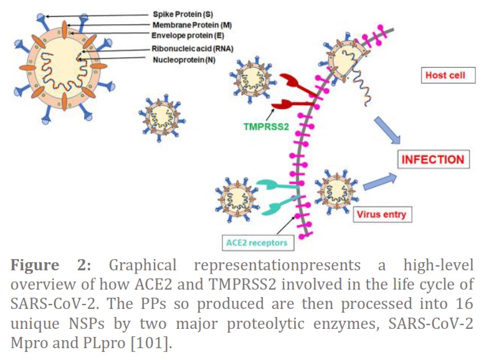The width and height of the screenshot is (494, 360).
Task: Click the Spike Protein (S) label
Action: (183, 14)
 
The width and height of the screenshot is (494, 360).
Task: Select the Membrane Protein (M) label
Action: (192, 25)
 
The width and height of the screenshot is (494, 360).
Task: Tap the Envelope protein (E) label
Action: (188, 36)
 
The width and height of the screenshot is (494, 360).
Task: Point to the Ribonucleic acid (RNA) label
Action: (192, 49)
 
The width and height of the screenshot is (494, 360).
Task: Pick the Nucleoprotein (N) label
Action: (184, 60)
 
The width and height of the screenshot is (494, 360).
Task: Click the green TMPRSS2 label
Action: (266, 126)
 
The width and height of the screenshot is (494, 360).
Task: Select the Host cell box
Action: (448, 75)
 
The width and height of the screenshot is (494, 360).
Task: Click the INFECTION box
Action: (433, 159)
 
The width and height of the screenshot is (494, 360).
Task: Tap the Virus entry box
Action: (382, 214)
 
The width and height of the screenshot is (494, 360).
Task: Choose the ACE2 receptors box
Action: (258, 243)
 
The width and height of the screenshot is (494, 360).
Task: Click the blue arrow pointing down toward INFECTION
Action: (387, 130)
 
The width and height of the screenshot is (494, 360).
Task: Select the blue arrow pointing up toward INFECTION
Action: (379, 182)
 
